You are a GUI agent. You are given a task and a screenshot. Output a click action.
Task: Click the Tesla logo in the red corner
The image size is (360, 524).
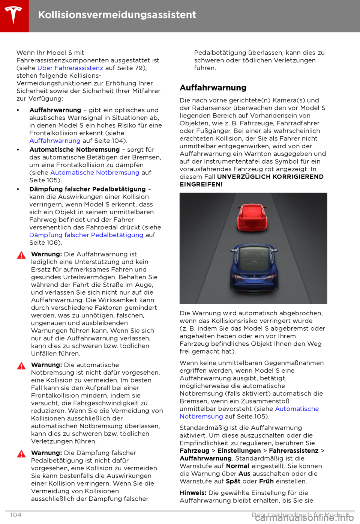(13, 15)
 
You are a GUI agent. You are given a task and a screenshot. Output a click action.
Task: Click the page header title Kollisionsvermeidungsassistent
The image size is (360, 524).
(117, 15)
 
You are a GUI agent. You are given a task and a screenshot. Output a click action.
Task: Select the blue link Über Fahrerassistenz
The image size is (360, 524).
(70, 68)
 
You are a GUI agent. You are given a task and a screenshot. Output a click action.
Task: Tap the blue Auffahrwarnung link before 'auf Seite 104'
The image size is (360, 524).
(55, 141)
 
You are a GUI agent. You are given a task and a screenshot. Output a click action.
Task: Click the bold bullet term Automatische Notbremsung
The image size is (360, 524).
(74, 150)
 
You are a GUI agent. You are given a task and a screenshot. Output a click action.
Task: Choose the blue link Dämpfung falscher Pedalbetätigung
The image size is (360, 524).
(86, 235)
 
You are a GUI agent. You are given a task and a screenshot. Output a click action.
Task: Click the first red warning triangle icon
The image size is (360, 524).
(22, 255)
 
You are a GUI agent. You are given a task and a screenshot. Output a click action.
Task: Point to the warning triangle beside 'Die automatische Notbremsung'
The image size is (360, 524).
(22, 366)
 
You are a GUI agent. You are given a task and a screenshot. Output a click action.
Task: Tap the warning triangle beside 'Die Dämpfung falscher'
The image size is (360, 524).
(22, 454)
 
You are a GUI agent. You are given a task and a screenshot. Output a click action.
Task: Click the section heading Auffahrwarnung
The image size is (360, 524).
(213, 88)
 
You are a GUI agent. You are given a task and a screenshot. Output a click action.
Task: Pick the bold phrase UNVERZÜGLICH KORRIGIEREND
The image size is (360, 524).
(270, 177)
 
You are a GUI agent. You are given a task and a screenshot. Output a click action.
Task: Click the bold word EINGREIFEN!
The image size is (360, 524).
(201, 184)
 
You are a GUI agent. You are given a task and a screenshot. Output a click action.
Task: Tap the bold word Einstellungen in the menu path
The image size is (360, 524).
(239, 451)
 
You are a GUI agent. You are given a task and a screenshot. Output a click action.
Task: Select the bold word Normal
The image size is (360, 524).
(237, 466)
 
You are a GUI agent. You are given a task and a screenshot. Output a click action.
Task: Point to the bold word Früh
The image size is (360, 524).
(266, 481)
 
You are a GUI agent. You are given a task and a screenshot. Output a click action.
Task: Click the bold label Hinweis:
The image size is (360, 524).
(193, 493)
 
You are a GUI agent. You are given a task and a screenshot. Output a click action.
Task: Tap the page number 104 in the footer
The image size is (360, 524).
(16, 515)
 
